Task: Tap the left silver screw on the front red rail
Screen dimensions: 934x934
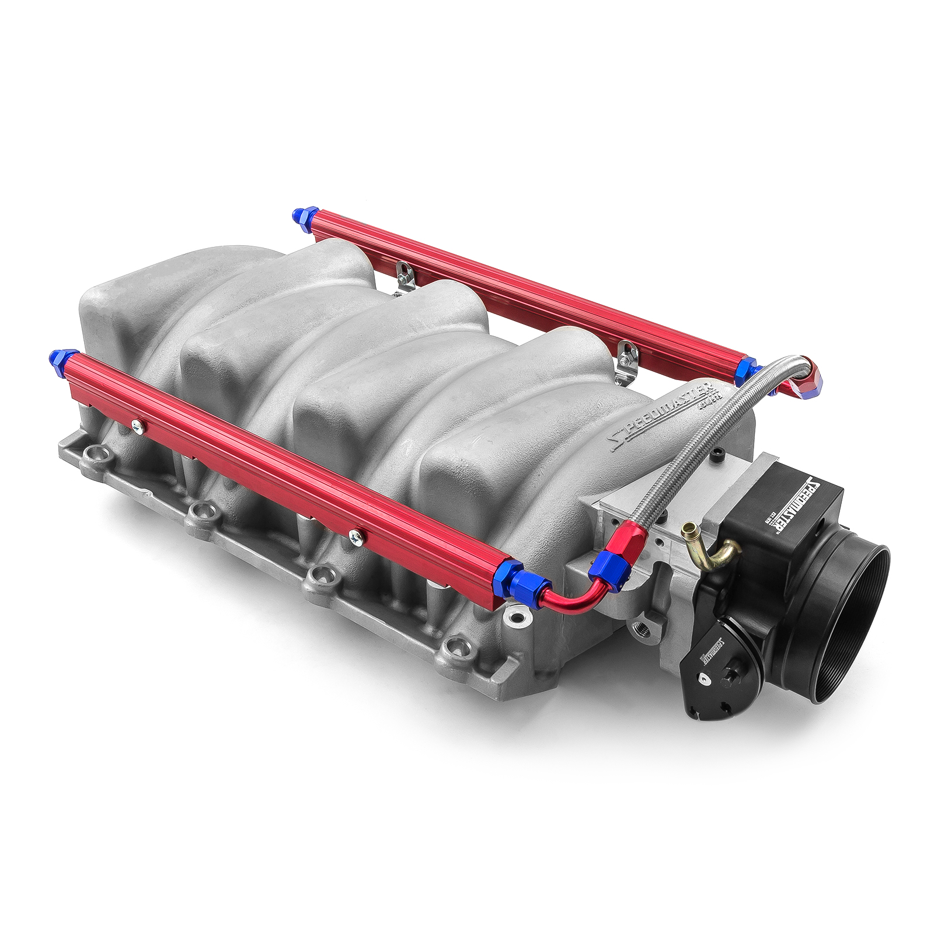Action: tap(138, 427)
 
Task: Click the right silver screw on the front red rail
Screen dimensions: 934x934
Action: tap(354, 535)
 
